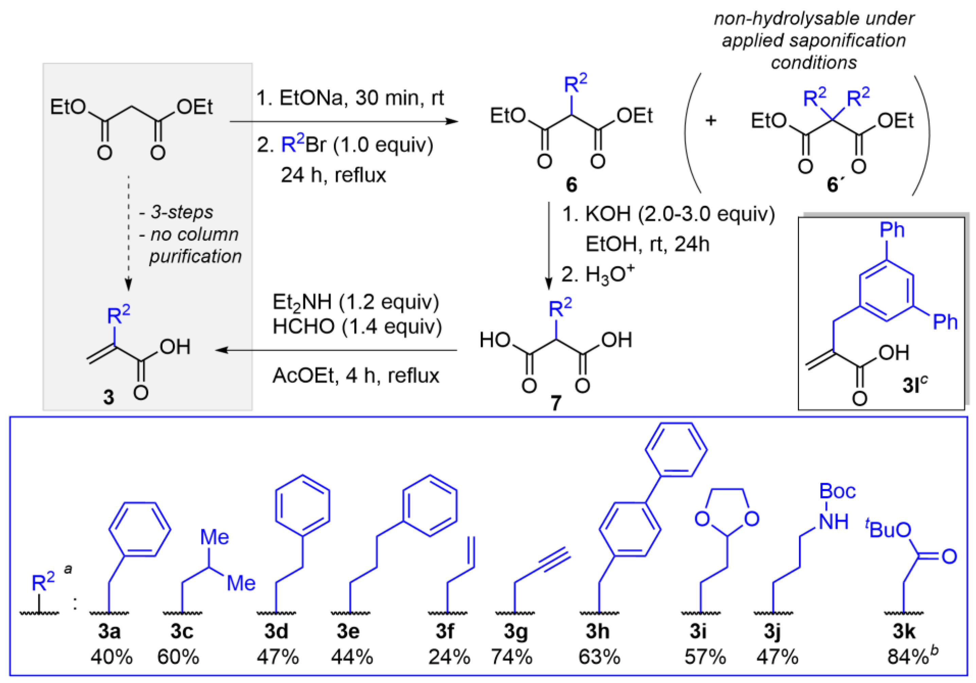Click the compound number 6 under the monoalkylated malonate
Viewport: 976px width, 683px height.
pos(571,185)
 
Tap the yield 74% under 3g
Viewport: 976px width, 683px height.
pos(512,657)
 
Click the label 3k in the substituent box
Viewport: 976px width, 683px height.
pos(904,632)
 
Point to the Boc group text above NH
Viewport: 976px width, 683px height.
pos(837,492)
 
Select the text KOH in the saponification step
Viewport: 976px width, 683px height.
pos(607,214)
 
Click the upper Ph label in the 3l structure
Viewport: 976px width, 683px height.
pos(892,230)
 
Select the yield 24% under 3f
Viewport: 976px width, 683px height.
pos(449,657)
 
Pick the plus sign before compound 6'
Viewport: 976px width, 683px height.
pos(710,121)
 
